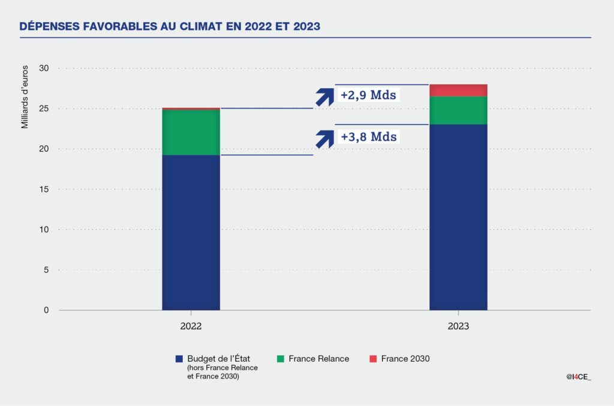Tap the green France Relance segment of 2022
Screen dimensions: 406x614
point(191,132)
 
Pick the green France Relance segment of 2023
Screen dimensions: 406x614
point(458,110)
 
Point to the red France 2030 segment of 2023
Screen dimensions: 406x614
point(458,90)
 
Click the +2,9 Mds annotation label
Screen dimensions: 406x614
point(368,95)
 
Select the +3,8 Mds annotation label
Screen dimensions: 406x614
point(368,137)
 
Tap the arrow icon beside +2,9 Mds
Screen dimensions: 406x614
point(324,96)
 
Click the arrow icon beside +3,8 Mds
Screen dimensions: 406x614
point(324,138)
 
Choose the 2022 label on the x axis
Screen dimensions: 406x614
point(191,327)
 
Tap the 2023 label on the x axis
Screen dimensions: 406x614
point(458,327)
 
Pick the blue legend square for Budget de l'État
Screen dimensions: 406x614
point(179,359)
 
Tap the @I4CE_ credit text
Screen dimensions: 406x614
point(579,377)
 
